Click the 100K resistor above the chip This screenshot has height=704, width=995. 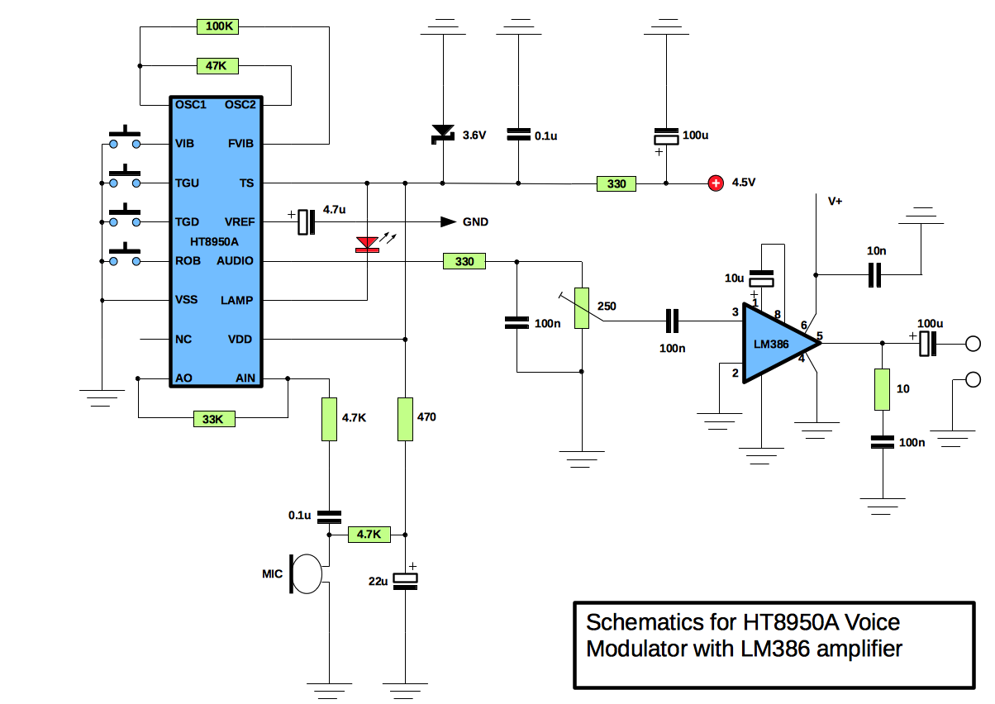[x=219, y=26]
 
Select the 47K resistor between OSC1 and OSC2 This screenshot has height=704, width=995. [x=219, y=65]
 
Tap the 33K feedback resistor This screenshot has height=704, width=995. [x=213, y=419]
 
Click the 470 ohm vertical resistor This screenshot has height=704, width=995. [x=405, y=418]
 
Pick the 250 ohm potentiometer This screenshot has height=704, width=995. [x=583, y=307]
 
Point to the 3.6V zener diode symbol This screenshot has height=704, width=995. [x=444, y=133]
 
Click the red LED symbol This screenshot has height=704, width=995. [x=366, y=244]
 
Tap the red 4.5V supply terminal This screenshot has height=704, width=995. [x=716, y=183]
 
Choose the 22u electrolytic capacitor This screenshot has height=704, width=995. [x=405, y=581]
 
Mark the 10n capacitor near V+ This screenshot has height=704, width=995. [x=874, y=274]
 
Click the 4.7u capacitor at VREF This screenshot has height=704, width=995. [x=307, y=221]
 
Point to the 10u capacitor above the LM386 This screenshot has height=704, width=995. [x=761, y=279]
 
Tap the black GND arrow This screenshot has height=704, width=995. [x=448, y=221]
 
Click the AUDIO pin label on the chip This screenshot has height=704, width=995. [x=236, y=261]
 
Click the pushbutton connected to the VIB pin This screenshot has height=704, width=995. [x=124, y=138]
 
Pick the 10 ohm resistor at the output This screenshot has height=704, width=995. [x=882, y=389]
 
